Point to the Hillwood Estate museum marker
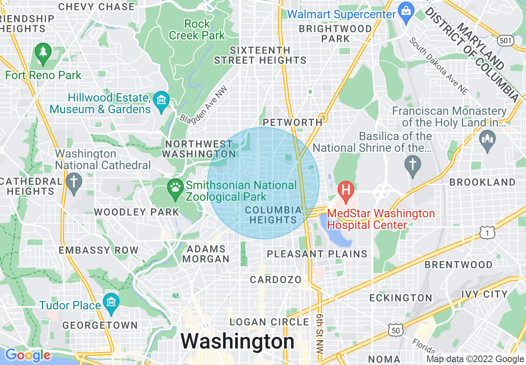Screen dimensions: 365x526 (x=161, y=101)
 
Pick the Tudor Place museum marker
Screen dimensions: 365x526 (x=111, y=302)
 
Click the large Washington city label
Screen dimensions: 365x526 (x=237, y=342)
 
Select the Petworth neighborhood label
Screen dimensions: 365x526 (x=292, y=122)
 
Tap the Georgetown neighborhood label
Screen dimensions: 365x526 (x=100, y=325)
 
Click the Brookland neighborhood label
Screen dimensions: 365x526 (x=482, y=182)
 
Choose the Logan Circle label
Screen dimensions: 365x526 (x=270, y=322)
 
